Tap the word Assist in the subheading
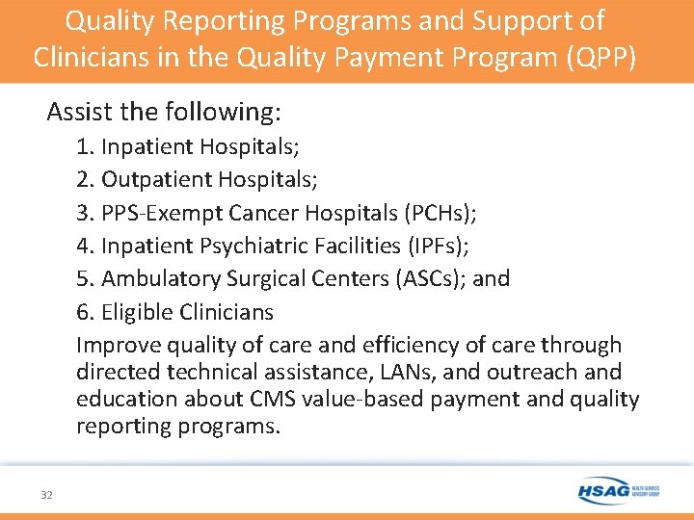pos(77,112)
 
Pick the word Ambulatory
pos(161,278)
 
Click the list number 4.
pos(84,246)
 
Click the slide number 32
pos(46,495)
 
